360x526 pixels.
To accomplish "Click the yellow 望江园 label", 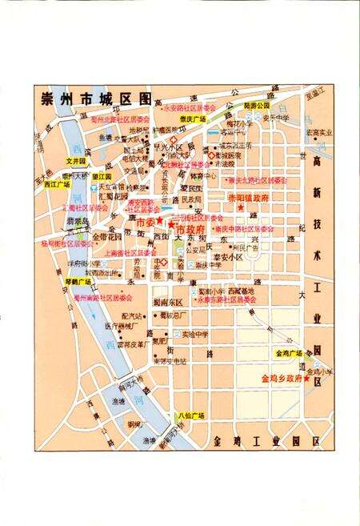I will coord(102,176).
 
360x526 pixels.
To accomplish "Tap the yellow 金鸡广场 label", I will coord(288,353).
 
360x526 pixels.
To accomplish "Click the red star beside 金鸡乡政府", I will coord(306,379).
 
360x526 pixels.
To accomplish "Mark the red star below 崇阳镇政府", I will coord(240,208).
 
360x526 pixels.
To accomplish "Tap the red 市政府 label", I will coord(191,229).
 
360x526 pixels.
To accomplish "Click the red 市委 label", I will coord(146,220).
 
